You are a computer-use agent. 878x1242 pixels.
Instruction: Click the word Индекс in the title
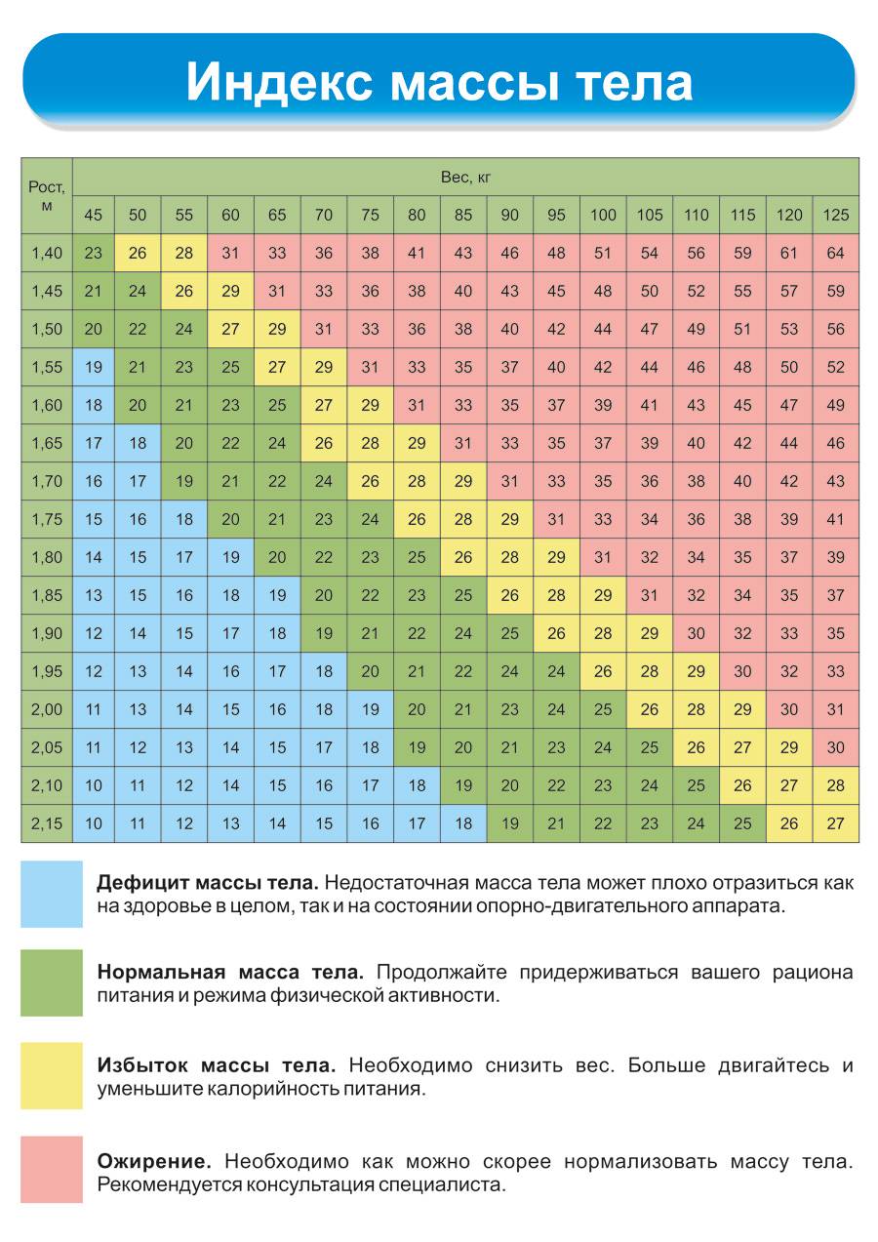point(280,82)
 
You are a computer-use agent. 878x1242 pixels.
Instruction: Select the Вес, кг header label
point(464,178)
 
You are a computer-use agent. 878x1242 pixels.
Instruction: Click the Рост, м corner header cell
point(46,196)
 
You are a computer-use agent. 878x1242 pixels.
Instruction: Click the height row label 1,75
point(46,519)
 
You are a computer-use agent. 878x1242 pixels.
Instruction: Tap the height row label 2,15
point(46,823)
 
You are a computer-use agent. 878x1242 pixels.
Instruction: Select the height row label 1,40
point(46,254)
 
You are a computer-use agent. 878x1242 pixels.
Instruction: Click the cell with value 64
point(836,254)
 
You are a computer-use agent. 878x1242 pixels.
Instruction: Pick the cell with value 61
point(789,254)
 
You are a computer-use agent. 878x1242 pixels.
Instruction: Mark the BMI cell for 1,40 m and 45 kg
point(93,254)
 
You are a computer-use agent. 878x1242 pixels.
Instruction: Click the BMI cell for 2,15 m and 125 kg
point(836,823)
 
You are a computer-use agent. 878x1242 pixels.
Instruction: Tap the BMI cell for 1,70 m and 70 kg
point(324,481)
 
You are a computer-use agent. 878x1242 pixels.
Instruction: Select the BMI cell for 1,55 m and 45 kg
point(93,368)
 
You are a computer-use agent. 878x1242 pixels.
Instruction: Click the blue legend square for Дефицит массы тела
point(52,894)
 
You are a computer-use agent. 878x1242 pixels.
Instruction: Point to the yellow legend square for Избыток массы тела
point(52,1075)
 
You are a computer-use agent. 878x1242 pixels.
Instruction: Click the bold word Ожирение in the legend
point(154,1161)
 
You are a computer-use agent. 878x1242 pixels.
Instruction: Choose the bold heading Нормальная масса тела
point(230,973)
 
